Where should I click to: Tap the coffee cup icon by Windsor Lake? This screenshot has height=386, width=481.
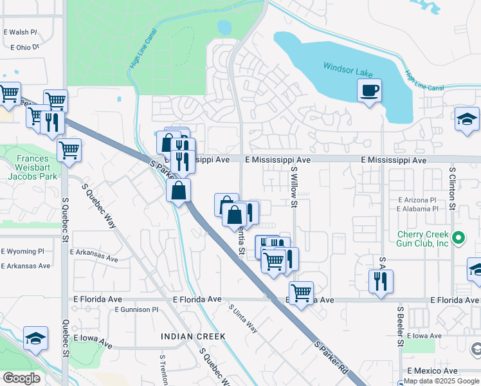click(369, 91)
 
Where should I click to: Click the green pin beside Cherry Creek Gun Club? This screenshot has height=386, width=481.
click(458, 239)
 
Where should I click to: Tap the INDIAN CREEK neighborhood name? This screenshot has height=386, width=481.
click(193, 336)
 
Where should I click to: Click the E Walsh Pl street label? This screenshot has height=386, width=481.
click(21, 32)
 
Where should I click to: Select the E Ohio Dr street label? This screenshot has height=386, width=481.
click(25, 47)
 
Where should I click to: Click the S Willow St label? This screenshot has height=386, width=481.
click(295, 187)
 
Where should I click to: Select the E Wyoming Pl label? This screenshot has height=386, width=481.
click(23, 251)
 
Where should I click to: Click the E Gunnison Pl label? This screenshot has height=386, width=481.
click(136, 309)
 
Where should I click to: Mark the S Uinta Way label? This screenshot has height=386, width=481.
click(244, 318)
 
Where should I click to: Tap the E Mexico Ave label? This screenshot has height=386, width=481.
click(432, 371)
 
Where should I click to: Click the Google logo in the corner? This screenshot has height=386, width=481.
click(21, 378)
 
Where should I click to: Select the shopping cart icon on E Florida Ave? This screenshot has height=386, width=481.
click(301, 293)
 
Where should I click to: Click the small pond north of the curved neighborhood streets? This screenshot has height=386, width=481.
click(224, 27)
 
